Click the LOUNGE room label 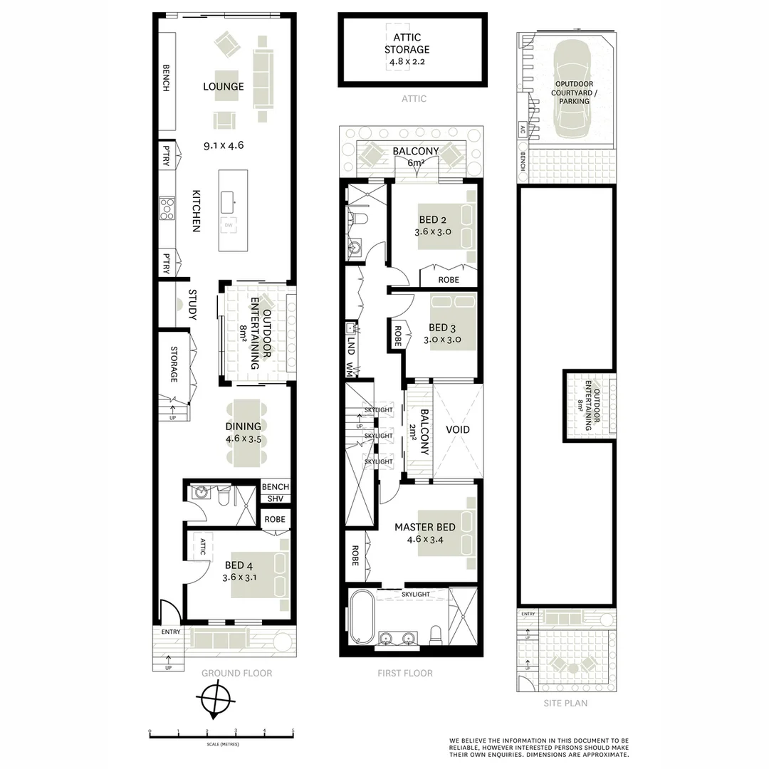pos(223,87)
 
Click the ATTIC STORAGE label pos(407,44)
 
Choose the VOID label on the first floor pos(458,430)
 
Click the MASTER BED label pos(425,528)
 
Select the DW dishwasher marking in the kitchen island pos(229,226)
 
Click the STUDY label pos(192,304)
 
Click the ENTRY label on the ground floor pos(171,632)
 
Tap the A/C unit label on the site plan pos(523,130)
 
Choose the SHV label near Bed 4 pos(275,499)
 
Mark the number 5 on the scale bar pos(293,731)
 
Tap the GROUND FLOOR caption pos(236,673)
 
